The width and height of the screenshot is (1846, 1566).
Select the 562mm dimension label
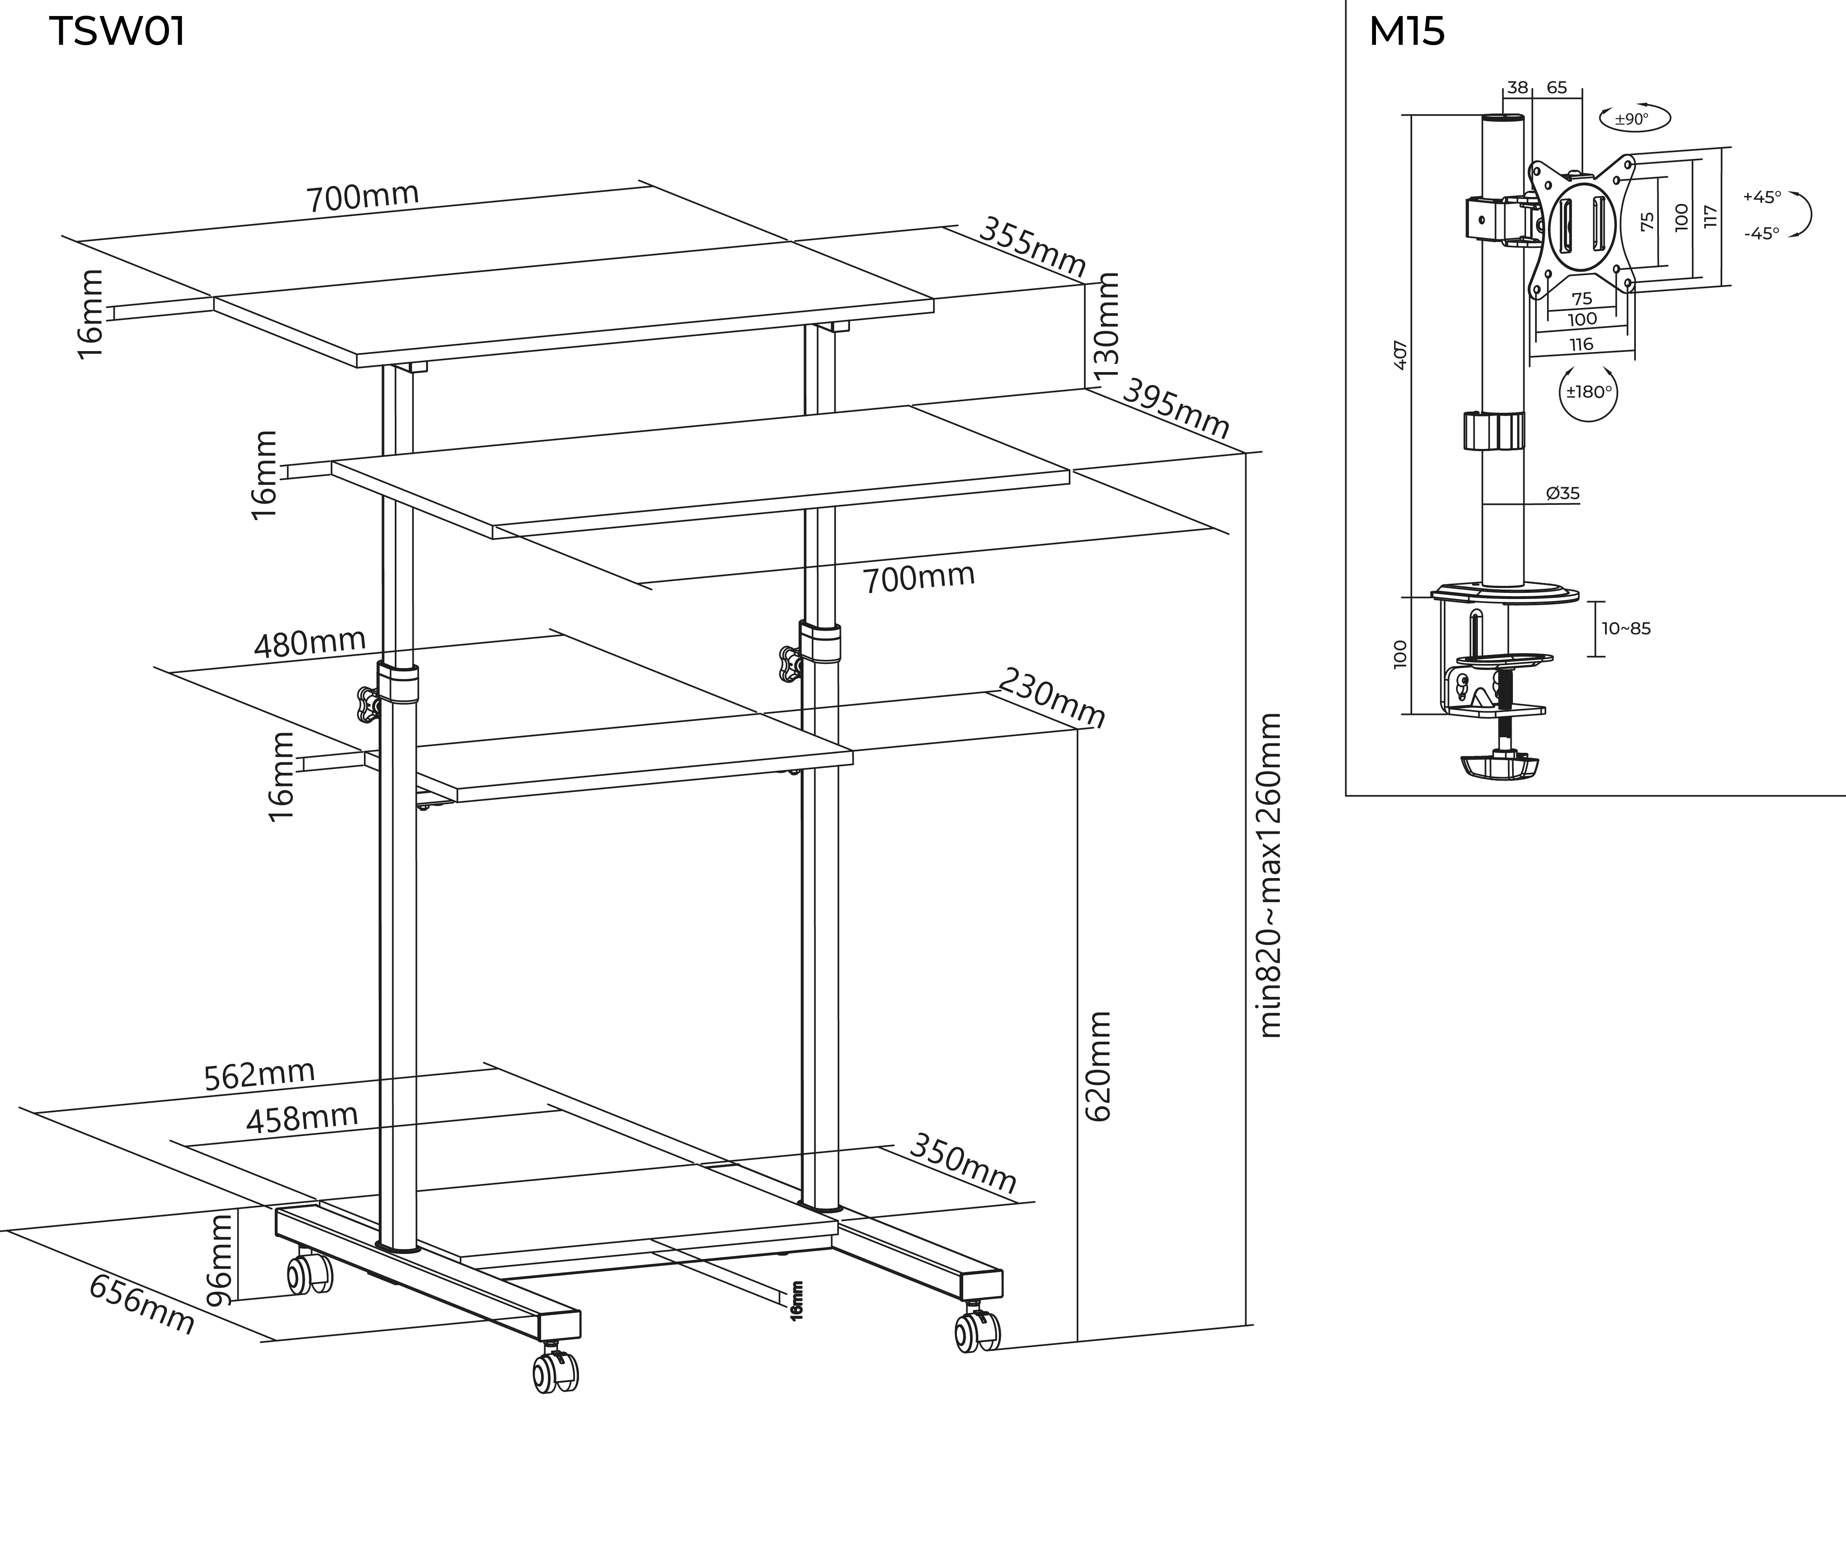259,1074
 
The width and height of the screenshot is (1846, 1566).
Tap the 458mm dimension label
302,1119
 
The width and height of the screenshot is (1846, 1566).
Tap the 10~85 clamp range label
1626,629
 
